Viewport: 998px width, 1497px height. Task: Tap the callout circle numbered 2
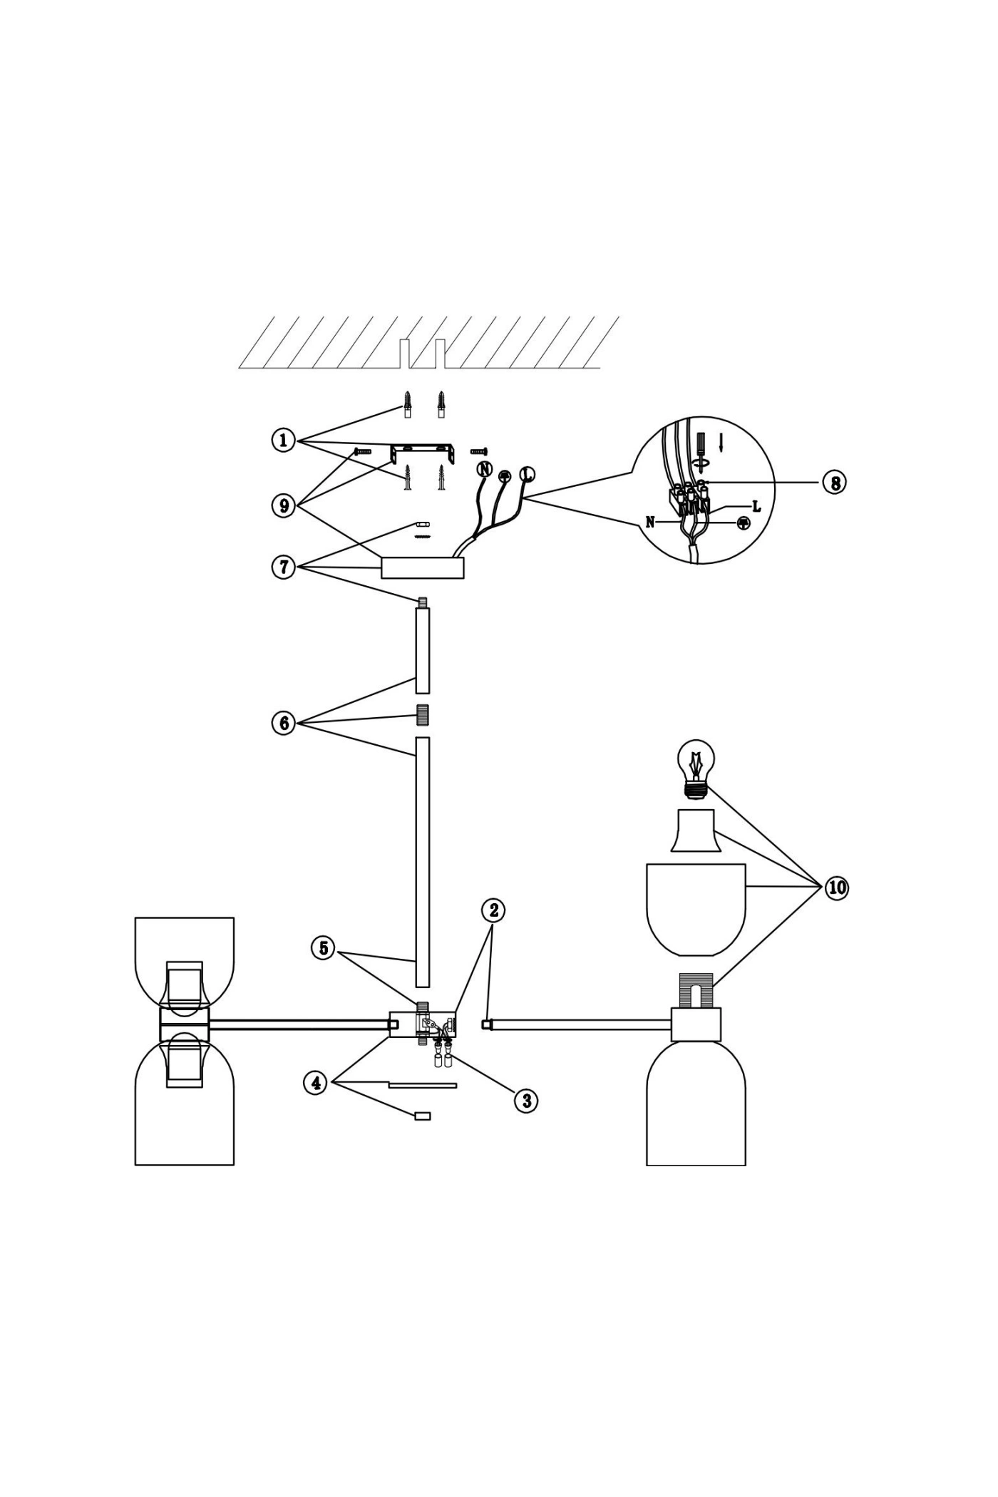coord(493,910)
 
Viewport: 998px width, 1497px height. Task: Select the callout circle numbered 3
coord(526,1101)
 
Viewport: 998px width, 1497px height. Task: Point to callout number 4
coord(315,1083)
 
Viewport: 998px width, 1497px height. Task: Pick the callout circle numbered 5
coord(324,949)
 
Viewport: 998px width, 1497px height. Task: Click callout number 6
coord(284,724)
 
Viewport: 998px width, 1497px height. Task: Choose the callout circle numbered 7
coord(284,567)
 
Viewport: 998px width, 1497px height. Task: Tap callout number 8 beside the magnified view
coord(834,483)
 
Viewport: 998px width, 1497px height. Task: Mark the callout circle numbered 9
coord(284,505)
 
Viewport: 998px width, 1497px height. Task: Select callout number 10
coord(837,888)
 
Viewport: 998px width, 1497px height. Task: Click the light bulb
coord(695,769)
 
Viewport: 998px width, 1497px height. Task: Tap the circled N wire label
coord(484,468)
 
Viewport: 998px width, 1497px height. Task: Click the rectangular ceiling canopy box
coord(423,567)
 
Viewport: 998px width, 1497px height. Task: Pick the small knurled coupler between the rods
coord(423,715)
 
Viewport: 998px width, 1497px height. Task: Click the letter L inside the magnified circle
coord(756,507)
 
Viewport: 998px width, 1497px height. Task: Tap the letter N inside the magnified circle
coord(650,523)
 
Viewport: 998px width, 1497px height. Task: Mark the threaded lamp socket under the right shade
coord(695,990)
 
